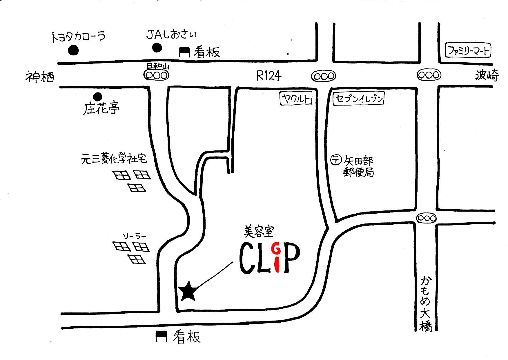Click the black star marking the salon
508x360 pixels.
(188, 292)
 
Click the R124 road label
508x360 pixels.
(269, 76)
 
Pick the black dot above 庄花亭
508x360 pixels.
(98, 97)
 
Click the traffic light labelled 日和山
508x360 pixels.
(156, 75)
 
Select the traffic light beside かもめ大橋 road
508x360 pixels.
(426, 218)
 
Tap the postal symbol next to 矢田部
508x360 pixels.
(336, 160)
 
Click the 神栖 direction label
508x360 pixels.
(40, 77)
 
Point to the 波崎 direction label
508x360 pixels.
(487, 76)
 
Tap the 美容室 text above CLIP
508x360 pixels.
(259, 232)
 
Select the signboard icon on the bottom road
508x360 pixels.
(161, 337)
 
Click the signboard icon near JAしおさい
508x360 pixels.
(184, 52)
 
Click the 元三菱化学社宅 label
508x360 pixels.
(114, 159)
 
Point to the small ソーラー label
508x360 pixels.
(134, 236)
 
